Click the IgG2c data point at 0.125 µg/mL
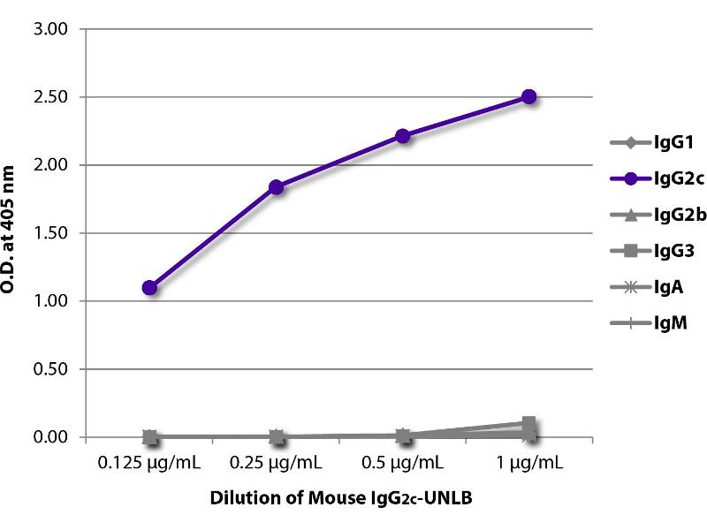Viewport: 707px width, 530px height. (149, 287)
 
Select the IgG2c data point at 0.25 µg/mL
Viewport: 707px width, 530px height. (276, 186)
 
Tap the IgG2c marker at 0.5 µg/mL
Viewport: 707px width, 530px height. (402, 136)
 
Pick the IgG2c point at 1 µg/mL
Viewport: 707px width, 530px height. (528, 96)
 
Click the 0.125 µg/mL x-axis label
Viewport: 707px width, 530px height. (149, 463)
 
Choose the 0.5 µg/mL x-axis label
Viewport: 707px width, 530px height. (402, 463)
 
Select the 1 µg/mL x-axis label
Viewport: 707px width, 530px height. (528, 463)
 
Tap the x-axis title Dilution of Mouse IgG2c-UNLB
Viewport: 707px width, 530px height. (340, 498)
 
